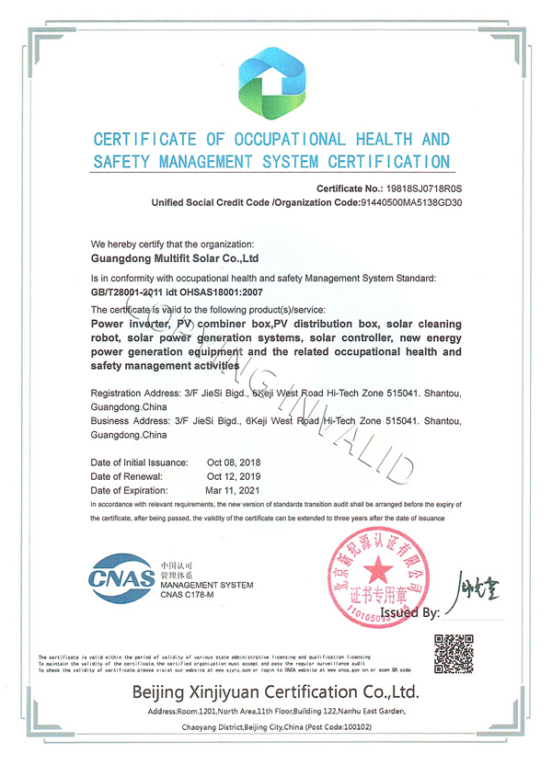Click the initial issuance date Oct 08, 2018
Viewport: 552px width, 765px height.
[236, 462]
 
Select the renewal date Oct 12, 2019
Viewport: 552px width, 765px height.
[236, 476]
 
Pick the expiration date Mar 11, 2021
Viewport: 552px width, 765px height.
[235, 491]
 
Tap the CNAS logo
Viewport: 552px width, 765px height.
[121, 578]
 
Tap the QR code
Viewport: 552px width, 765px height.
[452, 653]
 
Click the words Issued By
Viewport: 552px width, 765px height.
[409, 611]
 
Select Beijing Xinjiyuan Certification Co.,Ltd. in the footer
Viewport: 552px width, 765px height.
[276, 691]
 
